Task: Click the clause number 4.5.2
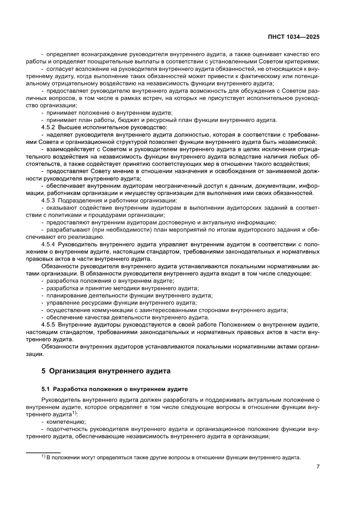(47, 127)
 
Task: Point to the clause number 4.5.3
(47, 200)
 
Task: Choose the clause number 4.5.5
(47, 324)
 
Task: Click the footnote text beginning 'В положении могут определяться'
(173, 457)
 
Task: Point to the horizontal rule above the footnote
(43, 452)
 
